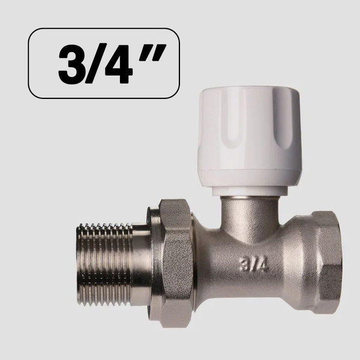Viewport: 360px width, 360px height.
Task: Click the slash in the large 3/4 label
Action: pos(94,64)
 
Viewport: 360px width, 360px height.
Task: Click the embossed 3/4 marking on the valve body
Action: pos(254,265)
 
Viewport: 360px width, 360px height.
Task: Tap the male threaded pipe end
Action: pos(104,265)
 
